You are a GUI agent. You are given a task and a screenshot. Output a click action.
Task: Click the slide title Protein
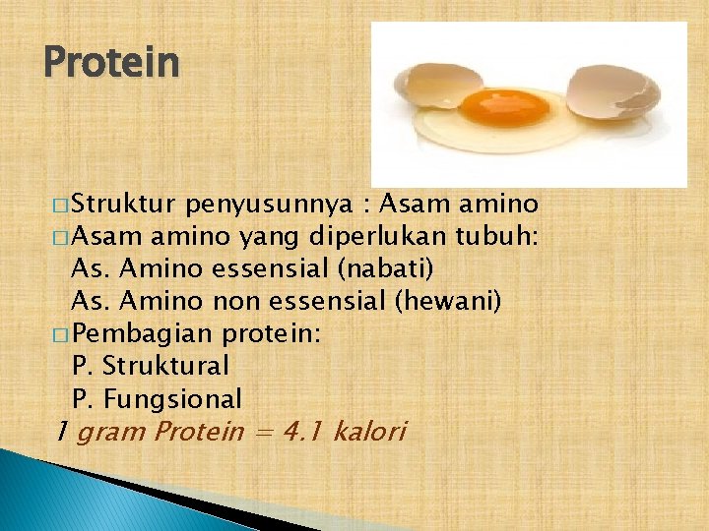(112, 63)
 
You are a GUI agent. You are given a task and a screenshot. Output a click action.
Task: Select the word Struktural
(164, 367)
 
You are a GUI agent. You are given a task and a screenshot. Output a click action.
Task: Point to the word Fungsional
(171, 399)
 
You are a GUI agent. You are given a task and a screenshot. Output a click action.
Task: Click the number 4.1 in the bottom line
(303, 432)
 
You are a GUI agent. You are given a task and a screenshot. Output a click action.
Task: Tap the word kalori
(369, 432)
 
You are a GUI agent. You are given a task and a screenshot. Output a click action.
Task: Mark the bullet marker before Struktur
(61, 206)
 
